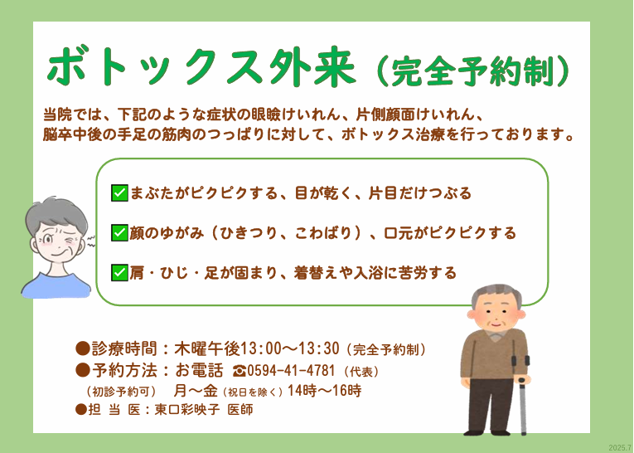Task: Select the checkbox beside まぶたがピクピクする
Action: [x=119, y=193]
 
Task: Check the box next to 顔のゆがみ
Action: [x=119, y=232]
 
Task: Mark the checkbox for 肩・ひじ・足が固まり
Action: [x=119, y=271]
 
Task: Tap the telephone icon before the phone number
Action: [x=240, y=371]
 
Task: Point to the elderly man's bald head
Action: [x=496, y=297]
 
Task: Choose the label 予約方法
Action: [x=124, y=371]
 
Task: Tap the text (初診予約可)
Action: [x=121, y=390]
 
